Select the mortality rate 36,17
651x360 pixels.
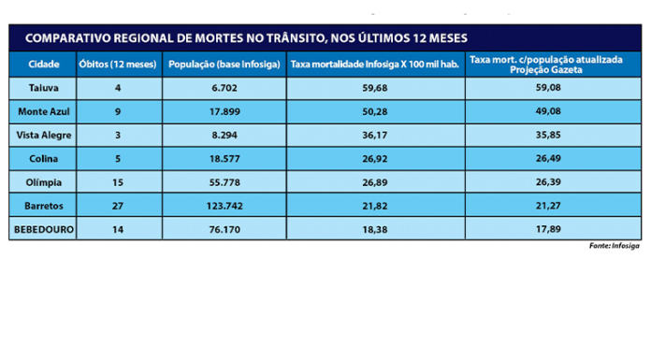(375, 136)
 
